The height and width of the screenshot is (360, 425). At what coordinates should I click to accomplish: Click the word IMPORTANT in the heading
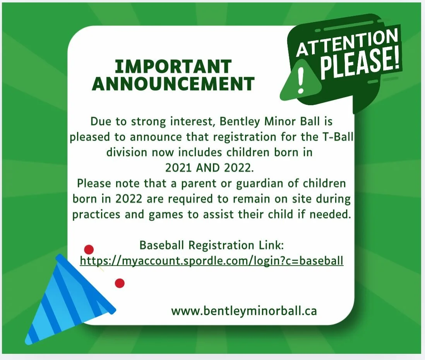click(x=173, y=67)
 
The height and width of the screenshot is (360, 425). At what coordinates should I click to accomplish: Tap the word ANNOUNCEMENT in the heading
click(x=173, y=84)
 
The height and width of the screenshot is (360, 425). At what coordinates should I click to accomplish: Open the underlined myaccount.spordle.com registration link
click(x=211, y=261)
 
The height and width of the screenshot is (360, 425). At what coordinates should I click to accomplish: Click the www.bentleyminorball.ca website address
click(x=244, y=311)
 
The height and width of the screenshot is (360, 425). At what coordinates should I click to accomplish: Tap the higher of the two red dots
click(x=89, y=250)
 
